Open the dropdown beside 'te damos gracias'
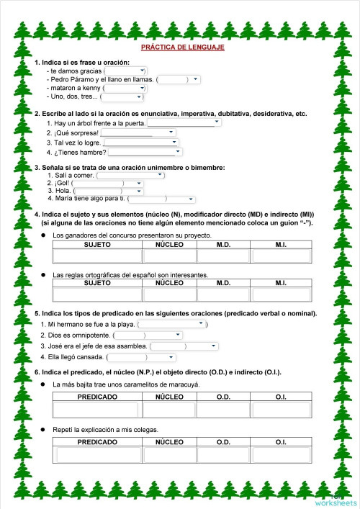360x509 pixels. (127, 71)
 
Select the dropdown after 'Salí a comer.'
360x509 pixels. (130, 175)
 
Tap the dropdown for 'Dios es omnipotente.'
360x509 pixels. (148, 335)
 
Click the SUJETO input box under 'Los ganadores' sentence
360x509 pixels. (97, 256)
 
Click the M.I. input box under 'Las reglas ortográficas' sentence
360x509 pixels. (281, 294)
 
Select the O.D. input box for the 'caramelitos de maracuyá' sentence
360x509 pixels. (223, 409)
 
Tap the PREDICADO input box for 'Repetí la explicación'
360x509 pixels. (97, 455)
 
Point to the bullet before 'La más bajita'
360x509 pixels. (42, 384)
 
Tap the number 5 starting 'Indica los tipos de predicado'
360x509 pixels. (37, 314)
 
